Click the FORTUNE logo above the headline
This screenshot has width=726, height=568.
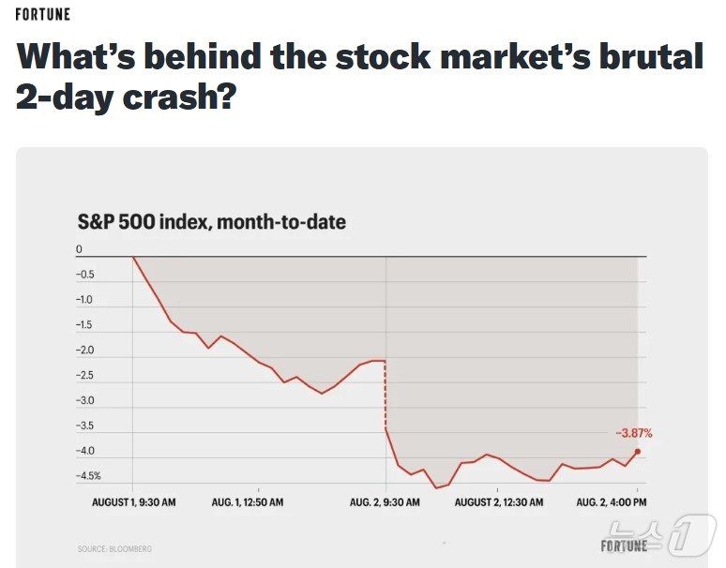(42, 15)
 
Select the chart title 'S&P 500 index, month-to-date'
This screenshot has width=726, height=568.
(211, 222)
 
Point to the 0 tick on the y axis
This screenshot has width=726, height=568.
(80, 249)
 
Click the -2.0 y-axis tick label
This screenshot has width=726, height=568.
(84, 351)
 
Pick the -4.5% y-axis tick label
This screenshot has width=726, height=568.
(88, 476)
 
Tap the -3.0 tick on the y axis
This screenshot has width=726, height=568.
(84, 400)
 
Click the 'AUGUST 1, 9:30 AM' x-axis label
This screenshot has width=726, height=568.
(133, 503)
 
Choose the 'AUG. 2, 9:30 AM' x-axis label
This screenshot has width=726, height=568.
(385, 503)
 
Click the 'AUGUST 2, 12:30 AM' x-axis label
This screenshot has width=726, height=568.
(499, 503)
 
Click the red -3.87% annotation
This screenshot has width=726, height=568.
(633, 433)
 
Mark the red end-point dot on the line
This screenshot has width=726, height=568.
(638, 452)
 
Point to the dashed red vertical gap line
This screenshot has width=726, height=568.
(386, 394)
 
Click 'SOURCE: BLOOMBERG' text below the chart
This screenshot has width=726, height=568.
(114, 548)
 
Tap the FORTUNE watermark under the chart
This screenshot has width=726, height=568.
(624, 546)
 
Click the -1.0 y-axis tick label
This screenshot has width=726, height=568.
(84, 300)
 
